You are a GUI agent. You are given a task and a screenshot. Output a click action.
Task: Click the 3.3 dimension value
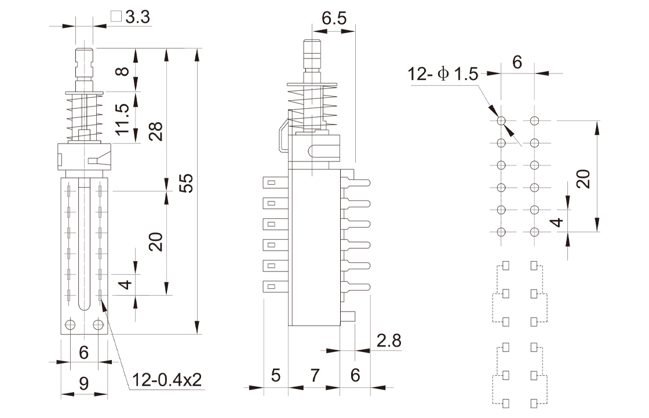138,17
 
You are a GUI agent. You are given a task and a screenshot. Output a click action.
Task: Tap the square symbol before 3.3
116,17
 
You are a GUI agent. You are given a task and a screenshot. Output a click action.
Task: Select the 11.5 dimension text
122,119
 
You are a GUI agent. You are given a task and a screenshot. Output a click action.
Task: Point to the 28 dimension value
156,131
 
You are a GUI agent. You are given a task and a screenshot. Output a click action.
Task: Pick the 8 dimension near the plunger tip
122,71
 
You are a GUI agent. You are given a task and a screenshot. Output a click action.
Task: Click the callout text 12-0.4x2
166,380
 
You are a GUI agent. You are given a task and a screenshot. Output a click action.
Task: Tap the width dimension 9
84,383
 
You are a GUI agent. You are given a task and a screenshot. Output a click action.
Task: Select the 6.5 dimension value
334,18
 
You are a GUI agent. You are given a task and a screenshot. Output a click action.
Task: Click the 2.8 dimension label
389,340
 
